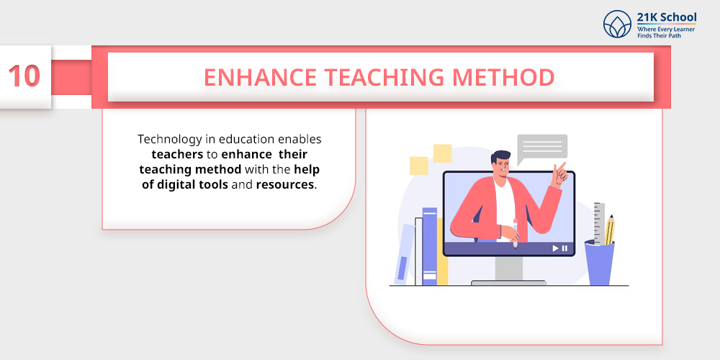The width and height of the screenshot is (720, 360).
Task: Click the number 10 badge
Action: pos(24,77)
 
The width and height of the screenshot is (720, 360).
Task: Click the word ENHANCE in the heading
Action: pos(261,78)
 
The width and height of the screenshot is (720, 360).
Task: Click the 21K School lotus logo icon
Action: pos(617,24)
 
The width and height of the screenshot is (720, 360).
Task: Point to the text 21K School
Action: pos(666,17)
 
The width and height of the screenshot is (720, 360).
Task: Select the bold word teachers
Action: pos(177,154)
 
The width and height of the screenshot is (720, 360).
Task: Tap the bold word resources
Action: pos(285,185)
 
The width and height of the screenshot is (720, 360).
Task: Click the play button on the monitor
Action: pos(555,248)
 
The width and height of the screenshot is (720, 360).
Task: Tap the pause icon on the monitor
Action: pos(564,248)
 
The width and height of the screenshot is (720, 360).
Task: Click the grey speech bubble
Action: pos(542,148)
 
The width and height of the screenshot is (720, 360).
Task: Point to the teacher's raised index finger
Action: pos(562,166)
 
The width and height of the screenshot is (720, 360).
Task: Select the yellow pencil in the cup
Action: pos(609,230)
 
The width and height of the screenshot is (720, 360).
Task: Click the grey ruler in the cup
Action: pos(599,223)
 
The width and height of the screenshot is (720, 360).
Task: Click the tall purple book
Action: pos(429,246)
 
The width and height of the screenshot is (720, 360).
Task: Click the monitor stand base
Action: pos(509,283)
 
